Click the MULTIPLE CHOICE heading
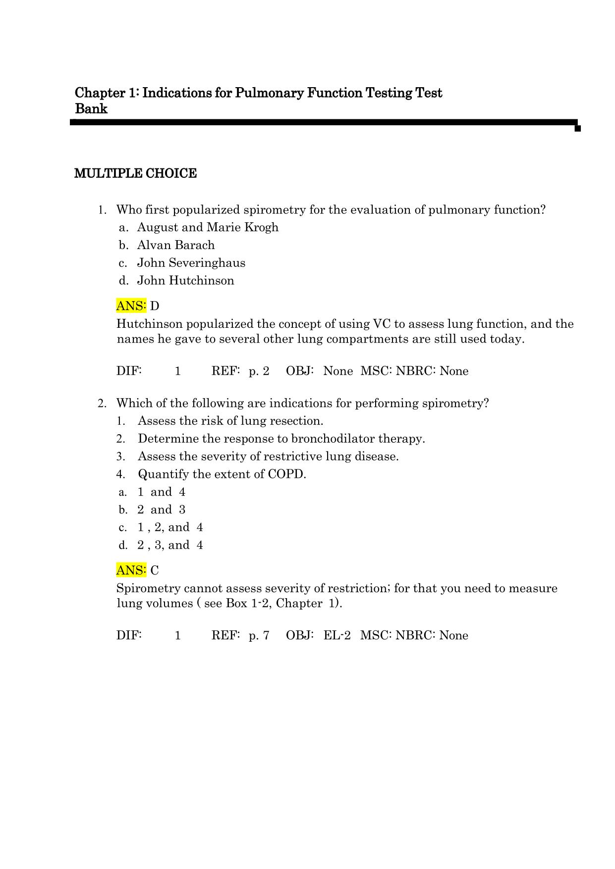coord(135,174)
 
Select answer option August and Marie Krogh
coord(208,227)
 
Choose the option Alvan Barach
coord(176,245)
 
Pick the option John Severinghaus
coord(191,263)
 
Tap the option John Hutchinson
coord(185,281)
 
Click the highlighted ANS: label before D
coord(131,306)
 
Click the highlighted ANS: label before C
coord(131,570)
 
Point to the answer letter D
coord(155,306)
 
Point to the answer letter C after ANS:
coord(155,570)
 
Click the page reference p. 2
coord(259,371)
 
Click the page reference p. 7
coord(259,636)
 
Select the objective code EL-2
coord(337,636)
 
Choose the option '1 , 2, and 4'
coord(170,527)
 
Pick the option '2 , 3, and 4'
coord(170,545)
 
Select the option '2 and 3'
coord(161,510)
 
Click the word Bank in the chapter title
coord(91,109)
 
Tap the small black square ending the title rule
coord(577,129)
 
